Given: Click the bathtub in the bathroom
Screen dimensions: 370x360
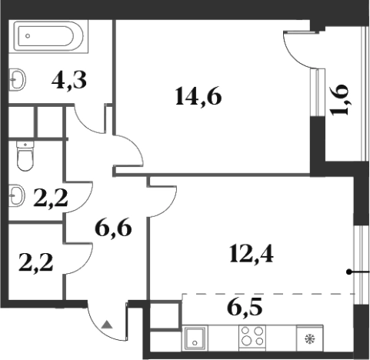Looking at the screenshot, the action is (48, 36).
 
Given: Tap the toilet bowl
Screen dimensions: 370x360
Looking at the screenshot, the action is (25, 156).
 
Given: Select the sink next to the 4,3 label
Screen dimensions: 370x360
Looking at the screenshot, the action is (18, 79).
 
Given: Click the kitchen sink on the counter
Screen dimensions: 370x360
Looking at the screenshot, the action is (195, 338).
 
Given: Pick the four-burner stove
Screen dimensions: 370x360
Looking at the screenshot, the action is (252, 338).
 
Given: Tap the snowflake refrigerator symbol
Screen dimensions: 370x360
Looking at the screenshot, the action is (310, 339).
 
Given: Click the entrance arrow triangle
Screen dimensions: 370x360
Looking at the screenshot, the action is (107, 325).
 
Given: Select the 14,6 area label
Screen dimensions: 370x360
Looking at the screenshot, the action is (198, 96).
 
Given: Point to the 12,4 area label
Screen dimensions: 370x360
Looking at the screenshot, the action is (252, 254).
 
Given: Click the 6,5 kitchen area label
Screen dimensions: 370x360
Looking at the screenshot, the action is (245, 307).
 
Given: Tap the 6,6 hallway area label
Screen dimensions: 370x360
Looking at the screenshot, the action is (113, 228).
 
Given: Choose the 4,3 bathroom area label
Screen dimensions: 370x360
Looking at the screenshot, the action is (69, 80).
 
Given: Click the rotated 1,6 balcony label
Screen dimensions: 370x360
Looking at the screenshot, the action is (340, 100).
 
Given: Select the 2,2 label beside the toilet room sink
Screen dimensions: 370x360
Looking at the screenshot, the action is (51, 198).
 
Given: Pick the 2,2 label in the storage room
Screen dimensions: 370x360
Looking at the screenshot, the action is (36, 262).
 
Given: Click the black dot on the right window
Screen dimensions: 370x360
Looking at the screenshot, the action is (348, 272).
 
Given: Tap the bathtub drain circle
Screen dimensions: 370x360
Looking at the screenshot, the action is (28, 36).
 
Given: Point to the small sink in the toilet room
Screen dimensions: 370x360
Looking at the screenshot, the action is (17, 195).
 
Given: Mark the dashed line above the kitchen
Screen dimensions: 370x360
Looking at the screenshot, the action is (268, 294).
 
